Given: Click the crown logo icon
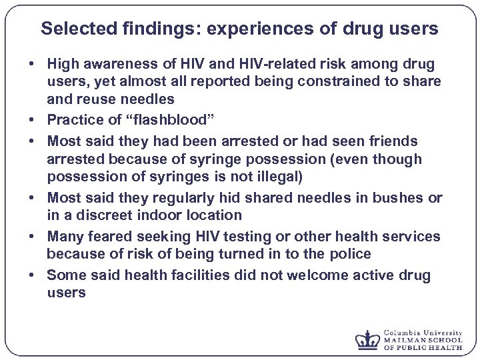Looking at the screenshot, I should click(x=367, y=340).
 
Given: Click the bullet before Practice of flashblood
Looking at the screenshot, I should click(x=31, y=122).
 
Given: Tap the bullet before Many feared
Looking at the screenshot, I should click(x=31, y=237).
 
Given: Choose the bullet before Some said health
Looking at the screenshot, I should click(x=31, y=275).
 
